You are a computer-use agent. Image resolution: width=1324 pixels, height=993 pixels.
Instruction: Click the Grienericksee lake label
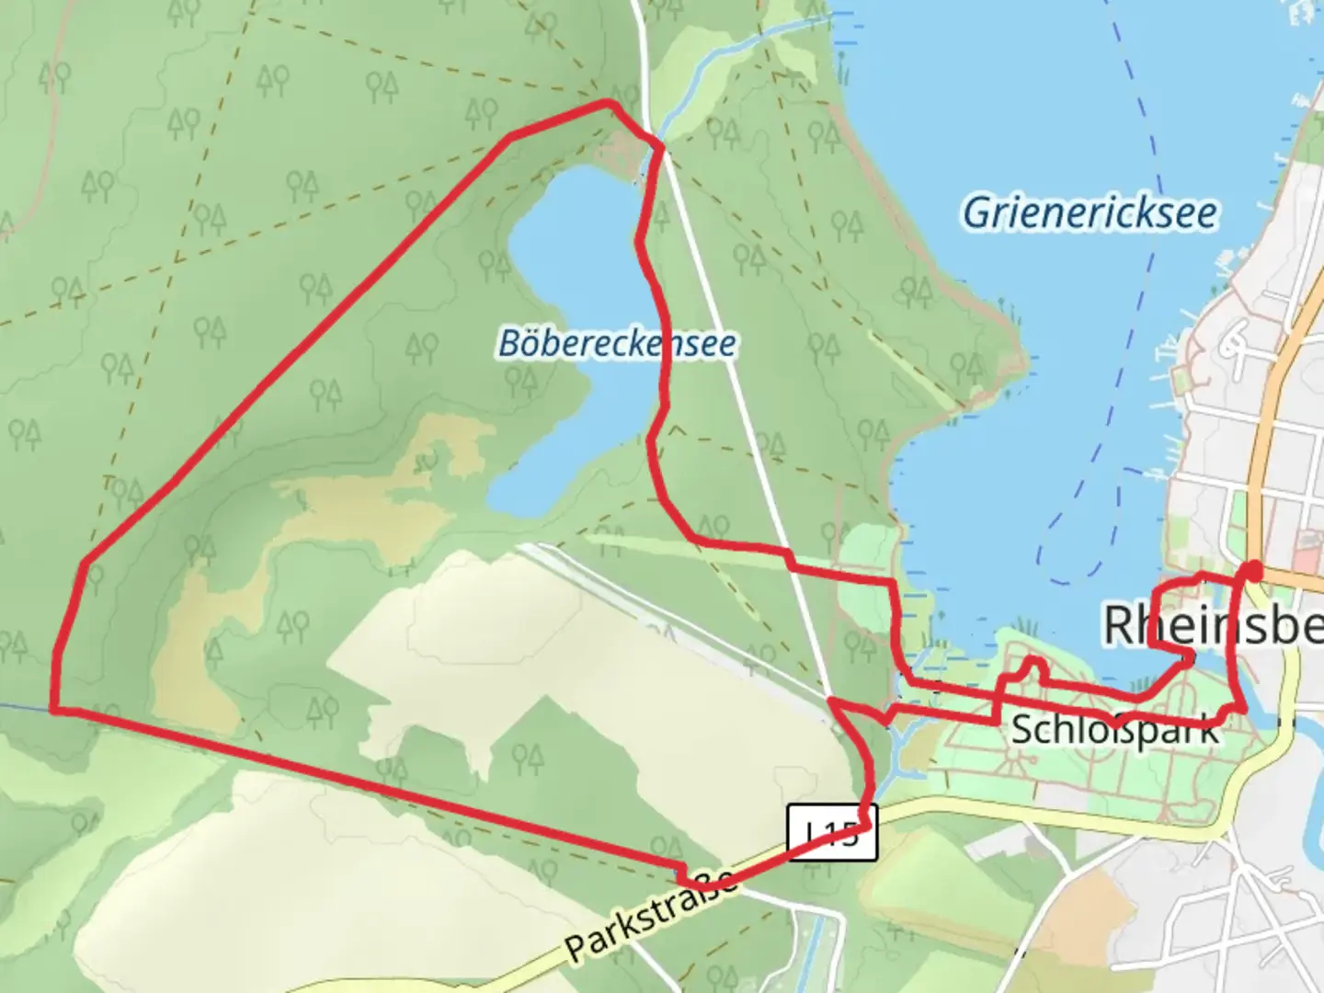coord(1090,213)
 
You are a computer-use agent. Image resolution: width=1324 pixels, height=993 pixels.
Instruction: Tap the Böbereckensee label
coord(617,344)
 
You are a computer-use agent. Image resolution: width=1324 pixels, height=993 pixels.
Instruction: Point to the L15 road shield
coord(832,833)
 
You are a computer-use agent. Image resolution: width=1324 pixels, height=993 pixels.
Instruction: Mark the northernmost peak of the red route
coord(607,103)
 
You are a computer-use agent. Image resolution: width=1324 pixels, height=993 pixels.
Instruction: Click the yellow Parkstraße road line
coord(1011,805)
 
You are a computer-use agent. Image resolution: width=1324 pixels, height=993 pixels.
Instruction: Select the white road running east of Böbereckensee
coord(736,368)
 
